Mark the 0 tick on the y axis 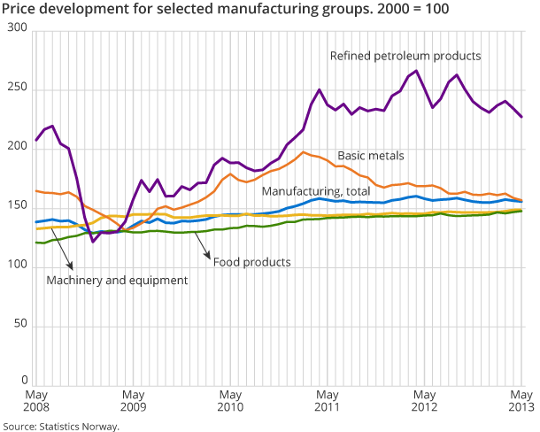[25, 386]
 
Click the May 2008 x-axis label [35, 400]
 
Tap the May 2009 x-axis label [133, 400]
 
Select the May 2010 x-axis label [230, 400]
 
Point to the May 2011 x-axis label [327, 400]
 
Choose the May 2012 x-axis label [424, 400]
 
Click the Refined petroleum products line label [405, 56]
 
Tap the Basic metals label [370, 156]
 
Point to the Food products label [251, 262]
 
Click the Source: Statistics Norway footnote [60, 426]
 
